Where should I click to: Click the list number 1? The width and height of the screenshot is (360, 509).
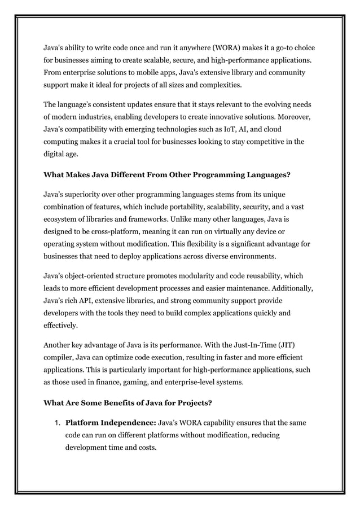[58, 422]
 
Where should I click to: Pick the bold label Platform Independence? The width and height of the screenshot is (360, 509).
[111, 422]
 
